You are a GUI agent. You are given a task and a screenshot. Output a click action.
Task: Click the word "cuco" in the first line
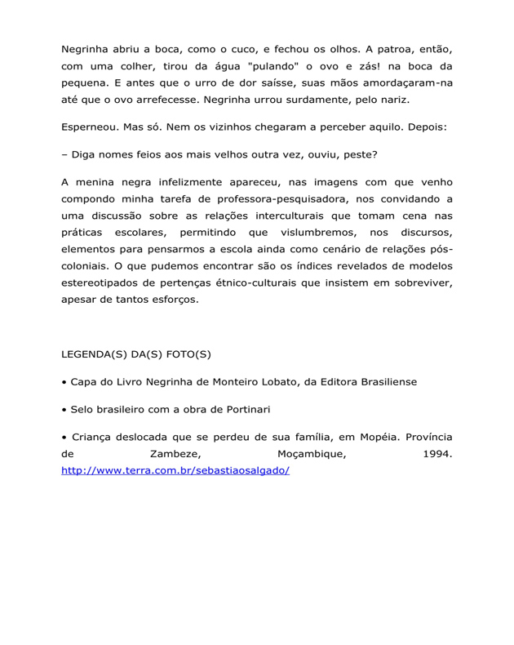click(250, 48)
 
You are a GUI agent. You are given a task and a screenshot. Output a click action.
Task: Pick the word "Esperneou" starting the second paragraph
click(91, 129)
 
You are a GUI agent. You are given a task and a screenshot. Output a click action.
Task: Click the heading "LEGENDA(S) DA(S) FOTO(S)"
click(136, 355)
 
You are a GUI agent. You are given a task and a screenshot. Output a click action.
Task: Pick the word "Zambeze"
click(176, 454)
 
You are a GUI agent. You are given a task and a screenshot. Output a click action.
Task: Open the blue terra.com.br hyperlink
click(175, 471)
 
